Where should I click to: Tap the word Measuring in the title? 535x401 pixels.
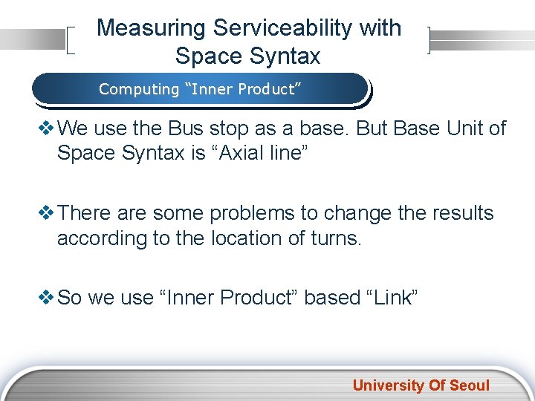tap(151, 28)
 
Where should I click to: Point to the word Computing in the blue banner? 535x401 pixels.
tap(139, 89)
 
